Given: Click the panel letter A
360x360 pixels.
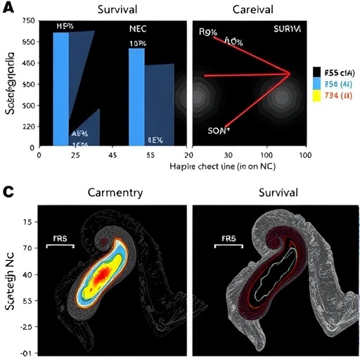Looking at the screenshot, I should [8, 8].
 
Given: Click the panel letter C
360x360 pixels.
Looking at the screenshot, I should [8, 191].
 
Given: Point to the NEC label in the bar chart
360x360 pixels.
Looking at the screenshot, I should [138, 29].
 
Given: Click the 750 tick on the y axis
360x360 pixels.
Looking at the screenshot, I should [28, 22].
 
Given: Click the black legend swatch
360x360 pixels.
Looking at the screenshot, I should [317, 72].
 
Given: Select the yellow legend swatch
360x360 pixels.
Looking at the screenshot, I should [317, 96].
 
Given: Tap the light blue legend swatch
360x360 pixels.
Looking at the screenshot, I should [317, 84].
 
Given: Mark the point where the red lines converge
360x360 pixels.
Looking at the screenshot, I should [290, 72].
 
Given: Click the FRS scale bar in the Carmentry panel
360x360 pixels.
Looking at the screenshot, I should [60, 246].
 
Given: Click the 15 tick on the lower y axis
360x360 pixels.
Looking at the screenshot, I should [29, 222].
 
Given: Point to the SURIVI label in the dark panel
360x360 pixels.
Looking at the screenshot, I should [286, 30].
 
